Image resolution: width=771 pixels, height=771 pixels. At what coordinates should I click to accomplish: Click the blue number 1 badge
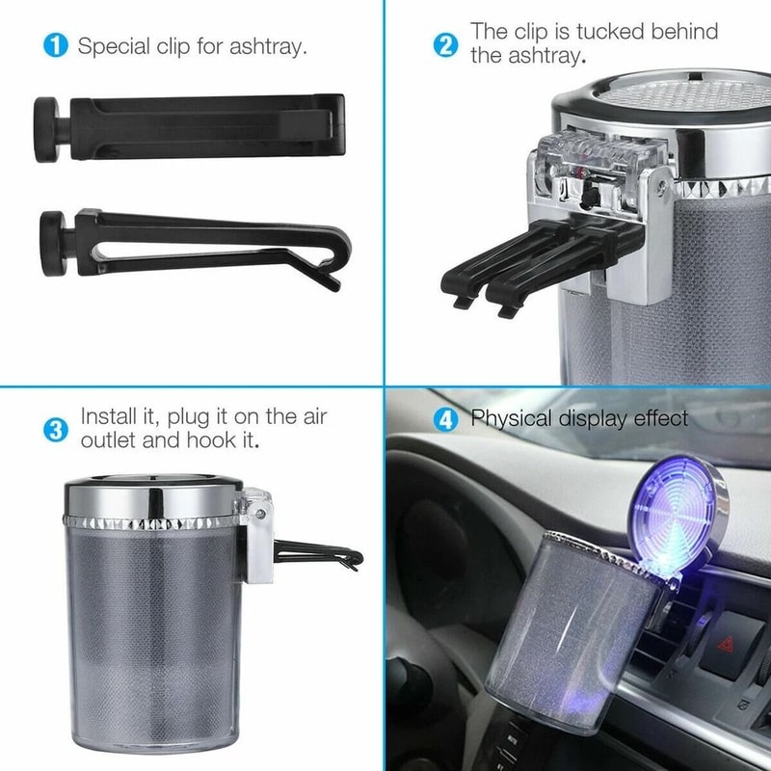57,45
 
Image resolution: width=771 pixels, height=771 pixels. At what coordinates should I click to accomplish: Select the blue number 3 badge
57,430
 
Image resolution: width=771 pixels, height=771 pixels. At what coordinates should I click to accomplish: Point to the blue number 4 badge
444,419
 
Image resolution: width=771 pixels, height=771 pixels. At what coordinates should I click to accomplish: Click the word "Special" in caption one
114,45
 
